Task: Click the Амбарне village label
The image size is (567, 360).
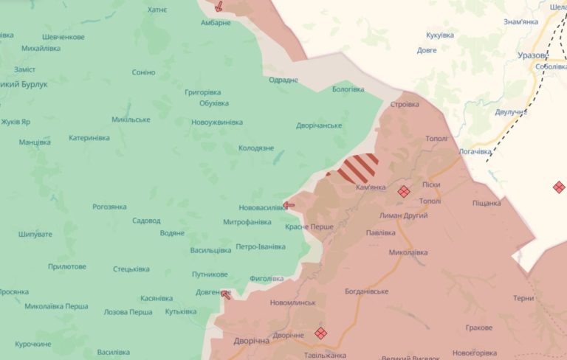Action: pyautogui.click(x=216, y=23)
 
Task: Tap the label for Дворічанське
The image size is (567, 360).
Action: pyautogui.click(x=319, y=125)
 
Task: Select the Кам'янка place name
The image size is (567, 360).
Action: pyautogui.click(x=371, y=187)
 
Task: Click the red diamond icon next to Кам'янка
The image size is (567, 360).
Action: pyautogui.click(x=404, y=191)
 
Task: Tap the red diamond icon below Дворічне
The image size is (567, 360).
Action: pyautogui.click(x=320, y=333)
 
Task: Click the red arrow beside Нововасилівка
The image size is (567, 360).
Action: pyautogui.click(x=289, y=205)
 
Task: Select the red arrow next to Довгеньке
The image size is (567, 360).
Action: pyautogui.click(x=225, y=294)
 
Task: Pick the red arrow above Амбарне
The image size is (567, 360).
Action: pyautogui.click(x=219, y=7)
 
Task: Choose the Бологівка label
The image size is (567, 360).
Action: pyautogui.click(x=348, y=89)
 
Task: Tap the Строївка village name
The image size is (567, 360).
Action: pyautogui.click(x=405, y=105)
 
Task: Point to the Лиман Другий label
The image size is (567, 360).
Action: pyautogui.click(x=402, y=216)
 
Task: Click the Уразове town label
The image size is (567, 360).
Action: pyautogui.click(x=532, y=55)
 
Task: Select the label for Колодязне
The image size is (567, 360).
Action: pyautogui.click(x=256, y=148)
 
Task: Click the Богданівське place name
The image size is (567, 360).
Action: pyautogui.click(x=367, y=291)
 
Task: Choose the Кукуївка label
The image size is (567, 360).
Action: pyautogui.click(x=440, y=35)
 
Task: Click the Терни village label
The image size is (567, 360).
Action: pyautogui.click(x=523, y=299)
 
